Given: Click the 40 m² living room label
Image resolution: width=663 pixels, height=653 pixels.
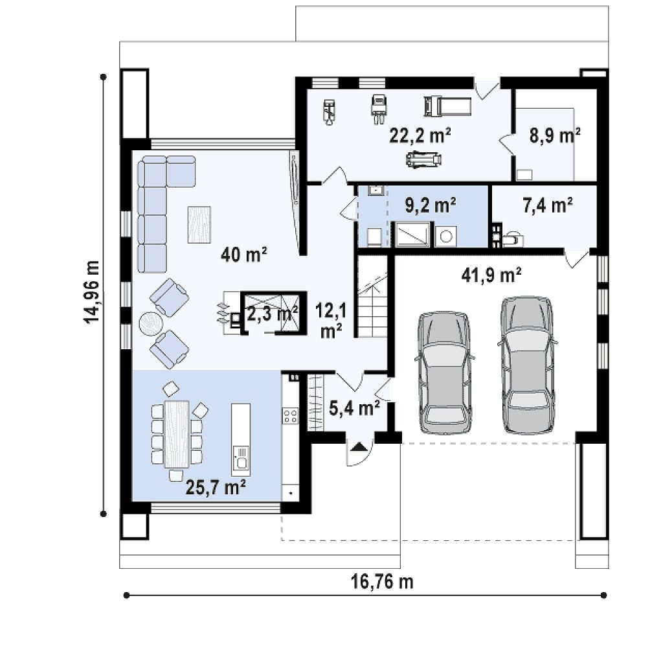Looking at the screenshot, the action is [x=244, y=255].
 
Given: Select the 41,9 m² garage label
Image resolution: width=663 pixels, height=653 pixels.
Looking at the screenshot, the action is [x=491, y=275].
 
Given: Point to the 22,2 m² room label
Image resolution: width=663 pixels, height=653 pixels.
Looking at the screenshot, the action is [x=420, y=136].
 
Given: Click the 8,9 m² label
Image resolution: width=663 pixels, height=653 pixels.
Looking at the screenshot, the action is [x=555, y=136].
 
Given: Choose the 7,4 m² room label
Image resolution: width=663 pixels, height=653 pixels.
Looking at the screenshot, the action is [x=548, y=206].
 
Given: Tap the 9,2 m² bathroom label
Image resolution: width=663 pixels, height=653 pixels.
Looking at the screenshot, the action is [x=431, y=205].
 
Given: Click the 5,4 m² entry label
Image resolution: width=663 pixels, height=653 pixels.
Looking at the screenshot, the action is [x=354, y=409].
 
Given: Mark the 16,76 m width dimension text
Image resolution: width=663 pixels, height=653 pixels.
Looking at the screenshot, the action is [x=382, y=582].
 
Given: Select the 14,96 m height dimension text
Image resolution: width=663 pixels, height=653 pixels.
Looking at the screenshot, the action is [x=92, y=292].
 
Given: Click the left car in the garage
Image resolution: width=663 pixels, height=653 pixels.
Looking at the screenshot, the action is [x=444, y=373].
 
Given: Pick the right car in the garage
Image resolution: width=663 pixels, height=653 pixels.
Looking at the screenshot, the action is [x=527, y=365].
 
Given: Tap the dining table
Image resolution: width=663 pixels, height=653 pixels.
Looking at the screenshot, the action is [x=177, y=434].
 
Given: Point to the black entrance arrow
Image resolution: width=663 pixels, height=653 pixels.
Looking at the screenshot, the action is [x=359, y=446].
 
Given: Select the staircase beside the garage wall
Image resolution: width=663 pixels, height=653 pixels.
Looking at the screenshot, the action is [x=373, y=295].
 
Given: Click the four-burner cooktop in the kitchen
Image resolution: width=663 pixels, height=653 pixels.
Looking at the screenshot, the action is [x=291, y=415].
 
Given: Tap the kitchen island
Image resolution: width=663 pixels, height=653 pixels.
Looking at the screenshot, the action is [x=241, y=439].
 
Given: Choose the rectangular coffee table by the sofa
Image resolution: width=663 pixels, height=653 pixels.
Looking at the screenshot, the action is [x=199, y=225].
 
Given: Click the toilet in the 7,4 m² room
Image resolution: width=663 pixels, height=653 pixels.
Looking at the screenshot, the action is [x=511, y=240].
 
